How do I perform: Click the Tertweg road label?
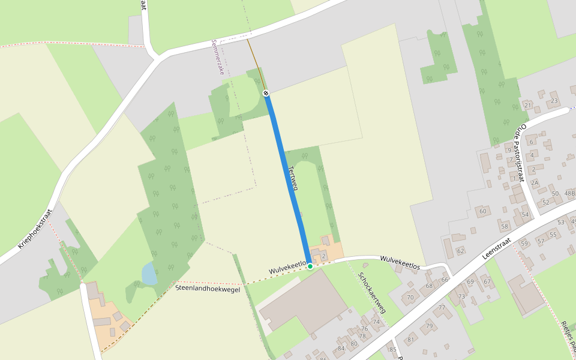point(293,178)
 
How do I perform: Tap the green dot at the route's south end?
point(310,266)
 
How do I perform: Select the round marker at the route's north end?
point(266,93)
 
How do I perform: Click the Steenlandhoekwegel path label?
point(208,288)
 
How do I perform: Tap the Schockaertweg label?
point(372,293)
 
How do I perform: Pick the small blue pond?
point(149,274)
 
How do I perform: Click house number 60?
point(482,211)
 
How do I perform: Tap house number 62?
point(460,251)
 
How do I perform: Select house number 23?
point(554,101)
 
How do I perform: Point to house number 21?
point(528,106)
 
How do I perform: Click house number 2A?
point(534,182)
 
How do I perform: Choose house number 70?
point(410,297)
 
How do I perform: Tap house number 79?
point(430,326)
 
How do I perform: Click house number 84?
point(341,348)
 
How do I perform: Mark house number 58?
point(505,227)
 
